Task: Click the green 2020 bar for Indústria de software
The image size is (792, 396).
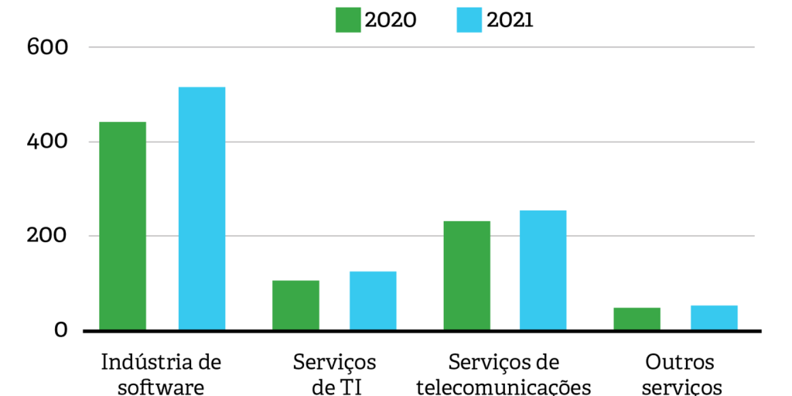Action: pyautogui.click(x=122, y=226)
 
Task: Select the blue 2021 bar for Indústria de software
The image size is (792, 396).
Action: pyautogui.click(x=202, y=209)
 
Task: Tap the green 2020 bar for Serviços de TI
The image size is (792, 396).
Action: pyautogui.click(x=295, y=306)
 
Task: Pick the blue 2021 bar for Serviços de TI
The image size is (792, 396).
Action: pyautogui.click(x=373, y=301)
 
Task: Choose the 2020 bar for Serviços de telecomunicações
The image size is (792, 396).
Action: pyautogui.click(x=466, y=276)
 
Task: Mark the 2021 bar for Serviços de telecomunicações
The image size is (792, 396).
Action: pyautogui.click(x=543, y=271)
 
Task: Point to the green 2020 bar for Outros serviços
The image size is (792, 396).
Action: pyautogui.click(x=637, y=319)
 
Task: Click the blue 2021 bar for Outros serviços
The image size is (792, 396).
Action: pyautogui.click(x=714, y=318)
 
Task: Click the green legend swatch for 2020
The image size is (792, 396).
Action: pyautogui.click(x=348, y=20)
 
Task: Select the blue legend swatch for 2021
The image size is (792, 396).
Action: pyautogui.click(x=469, y=20)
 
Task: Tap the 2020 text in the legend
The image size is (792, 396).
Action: pyautogui.click(x=391, y=20)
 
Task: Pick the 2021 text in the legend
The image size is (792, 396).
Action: pyautogui.click(x=510, y=20)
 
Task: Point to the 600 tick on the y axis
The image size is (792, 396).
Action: pyautogui.click(x=48, y=47)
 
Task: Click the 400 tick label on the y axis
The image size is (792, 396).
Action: pyautogui.click(x=48, y=142)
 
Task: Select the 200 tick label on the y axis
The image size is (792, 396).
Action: pyautogui.click(x=48, y=236)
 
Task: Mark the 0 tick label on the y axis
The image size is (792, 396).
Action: pyautogui.click(x=60, y=330)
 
